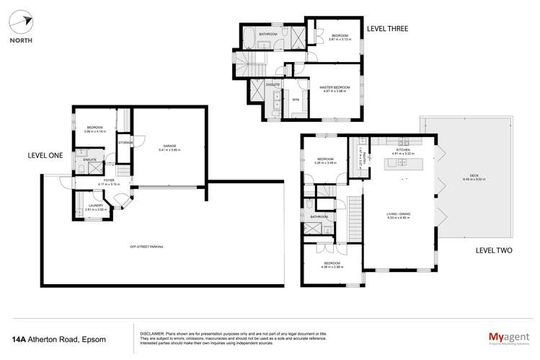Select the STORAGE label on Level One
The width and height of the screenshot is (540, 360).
point(126,142)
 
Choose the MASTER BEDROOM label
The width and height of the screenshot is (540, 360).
point(335,87)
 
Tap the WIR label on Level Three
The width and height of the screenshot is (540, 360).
point(296,99)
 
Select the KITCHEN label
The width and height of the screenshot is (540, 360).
point(402,151)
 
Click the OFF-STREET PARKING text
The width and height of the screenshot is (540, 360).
point(146,247)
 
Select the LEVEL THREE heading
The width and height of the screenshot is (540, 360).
point(388,28)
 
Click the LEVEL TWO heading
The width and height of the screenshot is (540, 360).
point(493,251)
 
